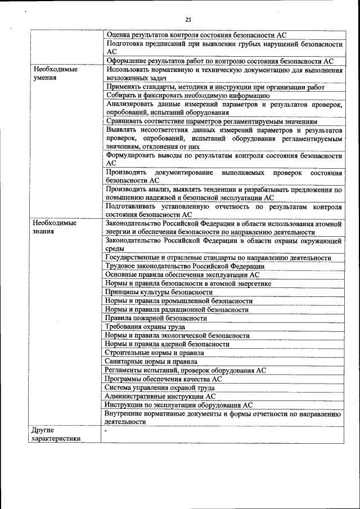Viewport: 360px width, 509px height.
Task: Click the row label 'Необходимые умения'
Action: point(55,74)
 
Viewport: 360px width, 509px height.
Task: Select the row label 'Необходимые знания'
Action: point(55,227)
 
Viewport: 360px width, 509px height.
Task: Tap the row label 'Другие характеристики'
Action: point(56,434)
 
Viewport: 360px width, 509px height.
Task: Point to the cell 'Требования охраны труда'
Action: point(146,327)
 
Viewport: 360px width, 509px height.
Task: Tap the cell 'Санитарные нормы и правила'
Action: point(151,361)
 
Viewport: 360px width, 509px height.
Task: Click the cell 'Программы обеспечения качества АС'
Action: point(163,379)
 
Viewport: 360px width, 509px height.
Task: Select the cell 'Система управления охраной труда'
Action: point(160,387)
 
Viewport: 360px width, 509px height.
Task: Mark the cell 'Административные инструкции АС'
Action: point(160,395)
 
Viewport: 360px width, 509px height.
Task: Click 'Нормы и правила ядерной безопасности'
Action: point(168,344)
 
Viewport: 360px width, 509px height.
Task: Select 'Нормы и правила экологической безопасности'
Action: point(177,335)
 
